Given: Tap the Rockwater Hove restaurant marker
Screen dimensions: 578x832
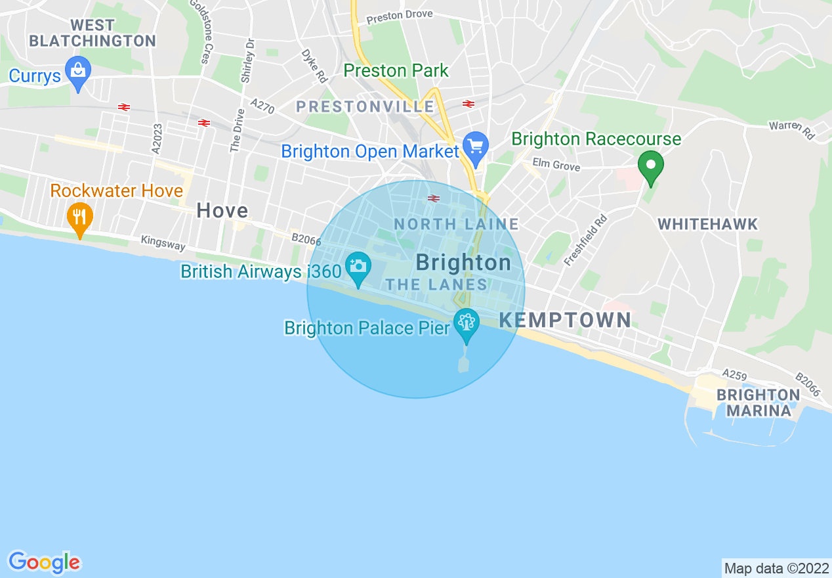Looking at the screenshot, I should coord(79,217).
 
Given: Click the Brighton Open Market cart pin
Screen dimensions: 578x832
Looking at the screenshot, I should coord(475,147).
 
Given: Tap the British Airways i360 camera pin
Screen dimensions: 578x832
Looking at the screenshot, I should coord(358,267).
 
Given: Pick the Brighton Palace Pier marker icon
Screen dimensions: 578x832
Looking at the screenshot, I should coord(467,323).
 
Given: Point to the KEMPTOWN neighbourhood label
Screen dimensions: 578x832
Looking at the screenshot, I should coord(566,321).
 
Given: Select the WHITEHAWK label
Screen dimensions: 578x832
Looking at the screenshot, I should coord(708,224).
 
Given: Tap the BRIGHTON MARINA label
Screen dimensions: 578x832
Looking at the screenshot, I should coord(758,403).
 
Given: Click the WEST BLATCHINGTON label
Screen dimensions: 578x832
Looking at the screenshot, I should coord(93,33).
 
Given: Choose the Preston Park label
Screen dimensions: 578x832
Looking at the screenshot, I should coord(396,70).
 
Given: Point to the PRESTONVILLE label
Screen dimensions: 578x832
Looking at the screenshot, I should coord(365,106).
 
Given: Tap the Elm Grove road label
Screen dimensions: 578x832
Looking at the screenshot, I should coord(556,165).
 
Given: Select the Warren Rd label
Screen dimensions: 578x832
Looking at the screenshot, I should coord(792,129).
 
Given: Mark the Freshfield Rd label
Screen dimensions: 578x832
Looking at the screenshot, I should coord(585,240).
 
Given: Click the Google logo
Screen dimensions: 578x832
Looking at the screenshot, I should coord(44,562).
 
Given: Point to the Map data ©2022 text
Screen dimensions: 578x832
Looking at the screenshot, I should coord(776,568).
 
